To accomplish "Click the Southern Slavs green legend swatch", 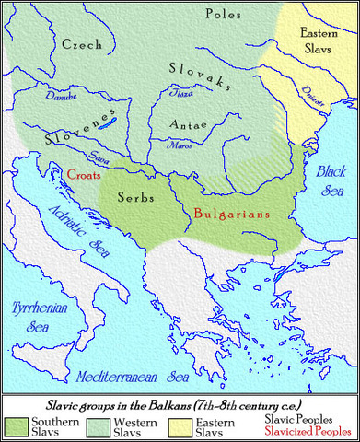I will point(17,420).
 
